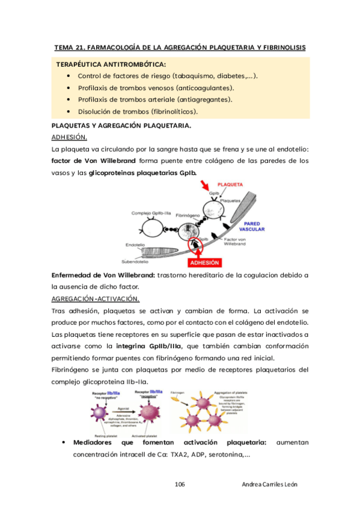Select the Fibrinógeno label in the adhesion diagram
pos(187,213)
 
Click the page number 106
pos(180,484)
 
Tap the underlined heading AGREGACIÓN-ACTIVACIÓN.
pos(96,299)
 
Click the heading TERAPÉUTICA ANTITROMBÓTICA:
pos(111,64)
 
